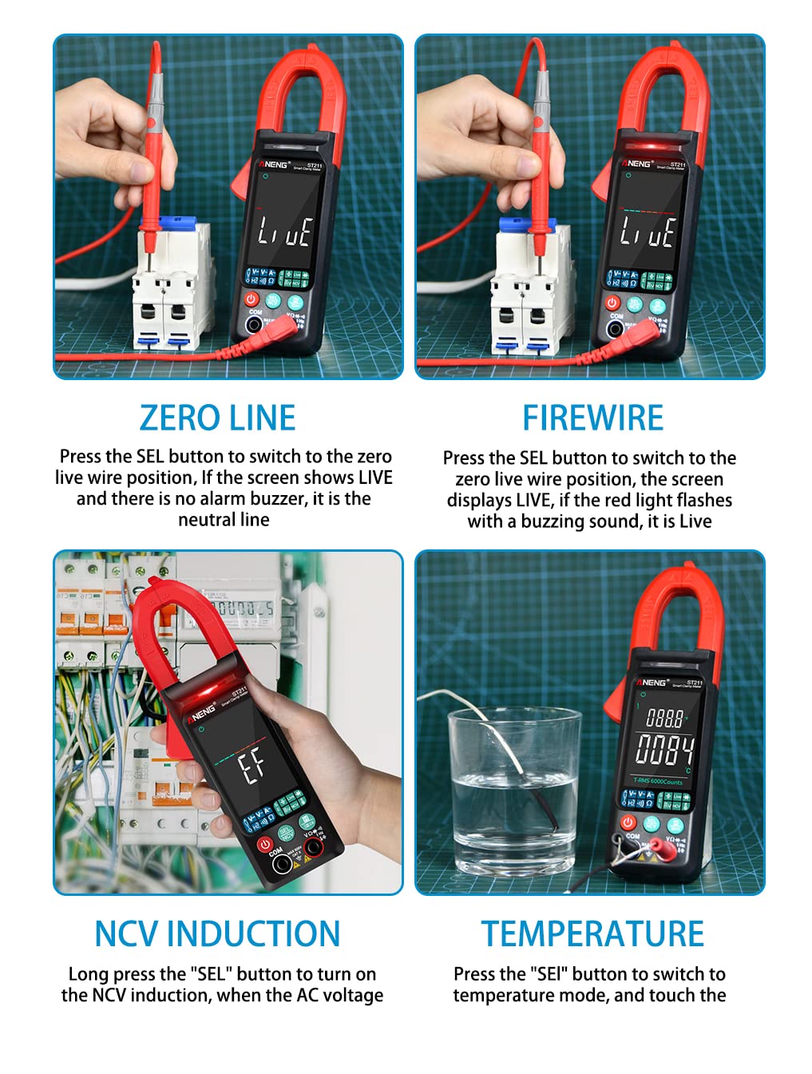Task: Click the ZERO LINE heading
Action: point(217,418)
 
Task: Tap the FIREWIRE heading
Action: point(592,418)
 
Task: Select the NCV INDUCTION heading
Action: point(217,934)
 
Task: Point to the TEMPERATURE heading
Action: point(592,934)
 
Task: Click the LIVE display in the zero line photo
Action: point(284,232)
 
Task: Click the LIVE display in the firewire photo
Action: point(648,232)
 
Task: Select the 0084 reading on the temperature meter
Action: point(664,750)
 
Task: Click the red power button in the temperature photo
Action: point(628,822)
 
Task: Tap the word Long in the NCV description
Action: point(88,974)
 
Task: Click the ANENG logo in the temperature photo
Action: point(652,682)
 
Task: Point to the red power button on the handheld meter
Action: point(263,843)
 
